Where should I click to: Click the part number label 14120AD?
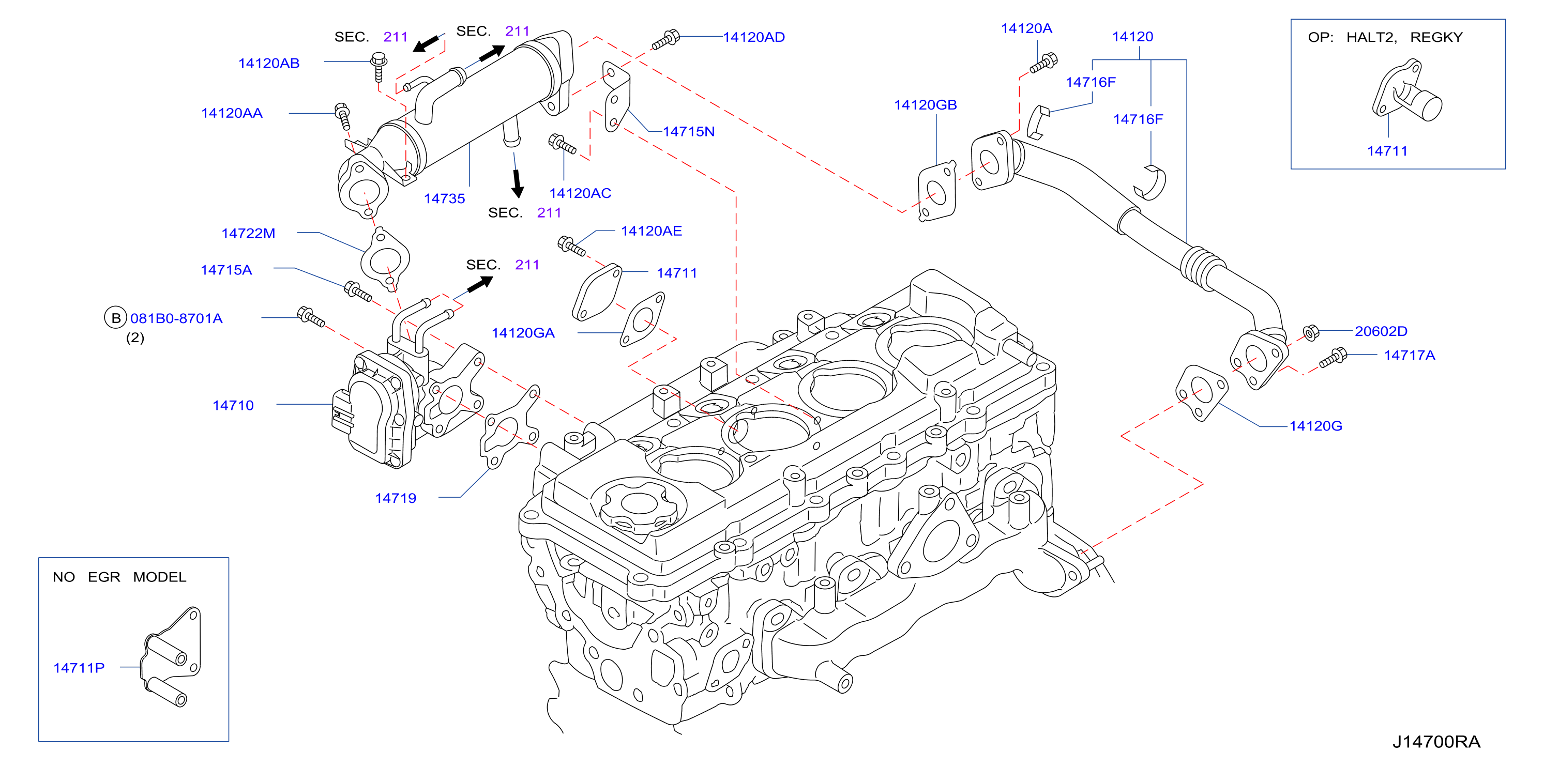tap(753, 37)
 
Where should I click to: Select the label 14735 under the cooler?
tap(444, 198)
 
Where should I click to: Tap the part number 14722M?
tap(248, 233)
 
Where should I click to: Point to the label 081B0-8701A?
tap(176, 318)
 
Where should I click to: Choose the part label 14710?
tap(233, 405)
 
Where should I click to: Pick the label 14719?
tap(396, 498)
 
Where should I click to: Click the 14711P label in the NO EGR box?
tap(79, 668)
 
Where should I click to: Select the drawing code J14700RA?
tap(1436, 742)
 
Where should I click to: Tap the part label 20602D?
tap(1381, 331)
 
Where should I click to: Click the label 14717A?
tap(1409, 356)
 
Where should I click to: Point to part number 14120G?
tap(1315, 426)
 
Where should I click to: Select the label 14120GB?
tap(926, 105)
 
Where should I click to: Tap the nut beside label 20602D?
tap(1311, 332)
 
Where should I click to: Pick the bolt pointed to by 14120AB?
tap(378, 67)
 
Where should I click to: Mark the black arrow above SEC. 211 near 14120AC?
tap(517, 183)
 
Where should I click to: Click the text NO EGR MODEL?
tap(119, 577)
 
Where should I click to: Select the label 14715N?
tap(689, 131)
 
